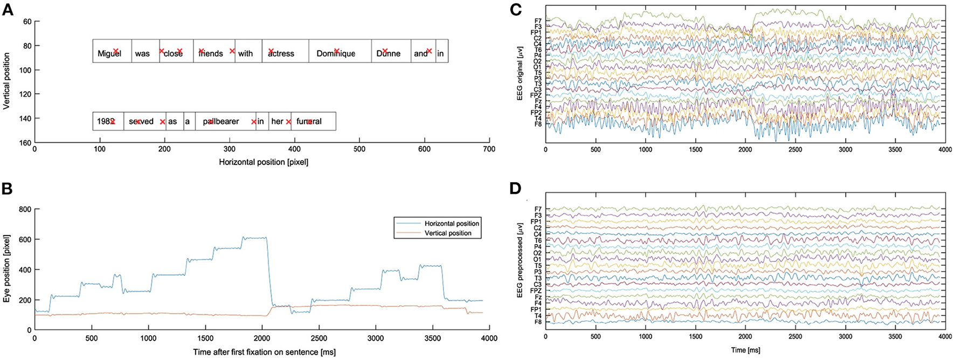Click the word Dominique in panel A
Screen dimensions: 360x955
coord(336,53)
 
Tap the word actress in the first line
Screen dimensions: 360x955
coord(281,53)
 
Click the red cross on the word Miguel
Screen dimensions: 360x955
coord(116,51)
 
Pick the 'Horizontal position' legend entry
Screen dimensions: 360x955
coord(452,223)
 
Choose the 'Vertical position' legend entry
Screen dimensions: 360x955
coord(448,233)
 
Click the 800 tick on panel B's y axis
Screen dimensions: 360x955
coord(25,209)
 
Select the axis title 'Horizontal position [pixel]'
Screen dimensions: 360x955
coord(264,162)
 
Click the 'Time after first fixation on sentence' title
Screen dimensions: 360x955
coord(264,352)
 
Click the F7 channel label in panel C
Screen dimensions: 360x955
coord(538,20)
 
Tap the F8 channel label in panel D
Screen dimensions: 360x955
coord(538,322)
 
